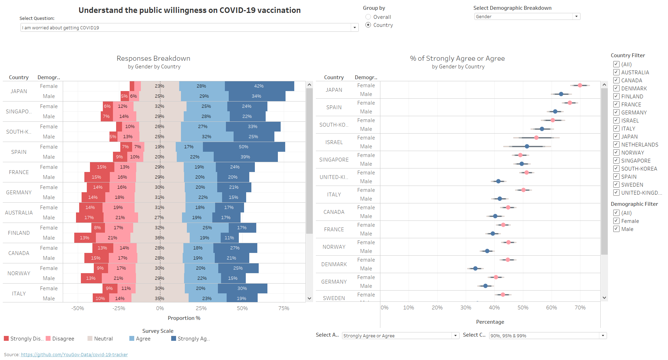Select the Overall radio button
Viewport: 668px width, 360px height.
[368, 17]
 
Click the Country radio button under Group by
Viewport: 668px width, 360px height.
[368, 25]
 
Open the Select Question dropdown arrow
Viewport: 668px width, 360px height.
[355, 28]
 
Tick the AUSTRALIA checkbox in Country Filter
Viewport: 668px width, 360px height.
[616, 72]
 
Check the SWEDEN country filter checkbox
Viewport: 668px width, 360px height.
[616, 185]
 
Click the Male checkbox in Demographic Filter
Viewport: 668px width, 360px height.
[616, 229]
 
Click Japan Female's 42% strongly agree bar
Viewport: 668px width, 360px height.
[259, 86]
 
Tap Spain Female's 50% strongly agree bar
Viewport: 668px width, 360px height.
[244, 147]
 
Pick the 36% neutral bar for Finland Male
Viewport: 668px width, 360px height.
[160, 238]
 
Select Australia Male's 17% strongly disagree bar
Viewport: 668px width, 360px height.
[89, 218]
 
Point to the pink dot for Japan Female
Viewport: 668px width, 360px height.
[580, 85]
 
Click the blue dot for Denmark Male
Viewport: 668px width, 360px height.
[475, 268]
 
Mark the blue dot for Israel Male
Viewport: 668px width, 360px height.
[527, 146]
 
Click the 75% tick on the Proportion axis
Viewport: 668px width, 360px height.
[283, 308]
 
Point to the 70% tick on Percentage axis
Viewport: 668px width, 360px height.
[580, 308]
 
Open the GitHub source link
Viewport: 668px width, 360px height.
[74, 354]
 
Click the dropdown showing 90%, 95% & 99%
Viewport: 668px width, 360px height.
[547, 336]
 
